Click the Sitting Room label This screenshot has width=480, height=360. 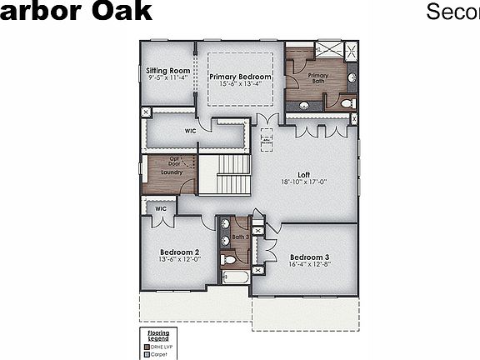[x=167, y=71]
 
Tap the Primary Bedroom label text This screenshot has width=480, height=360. [x=241, y=77]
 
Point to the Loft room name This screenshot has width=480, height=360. [x=304, y=174]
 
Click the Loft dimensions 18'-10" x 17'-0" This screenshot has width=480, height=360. [x=304, y=182]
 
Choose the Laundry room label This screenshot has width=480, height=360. [x=172, y=172]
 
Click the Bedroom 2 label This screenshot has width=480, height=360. [x=179, y=252]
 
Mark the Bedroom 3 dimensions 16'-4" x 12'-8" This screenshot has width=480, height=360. [x=310, y=264]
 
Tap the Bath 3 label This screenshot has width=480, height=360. [x=240, y=237]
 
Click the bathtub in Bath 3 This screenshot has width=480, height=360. [x=235, y=278]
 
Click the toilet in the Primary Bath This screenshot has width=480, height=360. [x=347, y=103]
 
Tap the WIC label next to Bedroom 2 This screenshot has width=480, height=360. [x=161, y=208]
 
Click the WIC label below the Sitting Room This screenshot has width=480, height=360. [x=191, y=131]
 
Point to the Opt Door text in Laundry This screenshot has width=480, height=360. [x=176, y=161]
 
